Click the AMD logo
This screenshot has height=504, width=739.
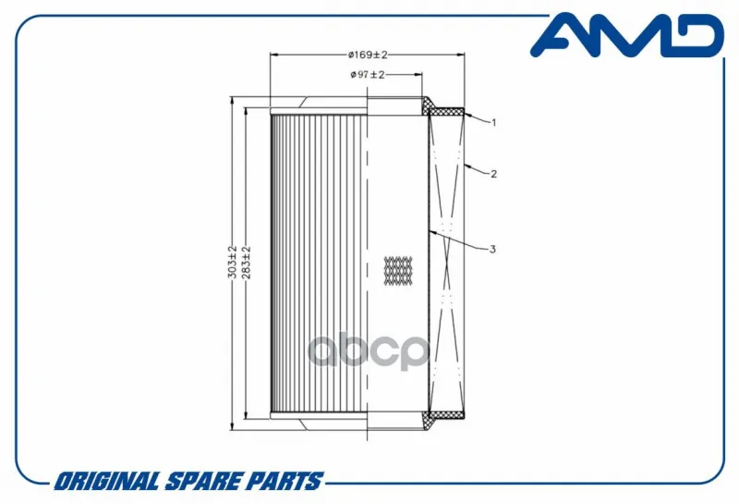pos(627,35)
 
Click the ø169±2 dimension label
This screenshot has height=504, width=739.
pos(368,55)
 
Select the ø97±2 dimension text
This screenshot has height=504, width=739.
pos(368,75)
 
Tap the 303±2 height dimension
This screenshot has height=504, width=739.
pos(233,262)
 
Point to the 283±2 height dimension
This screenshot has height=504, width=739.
pos(246,263)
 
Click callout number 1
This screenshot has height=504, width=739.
pos(493,123)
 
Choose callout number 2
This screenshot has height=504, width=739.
pos(493,174)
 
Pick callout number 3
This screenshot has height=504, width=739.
pos(492,249)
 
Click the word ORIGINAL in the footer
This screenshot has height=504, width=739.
pos(106,481)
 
